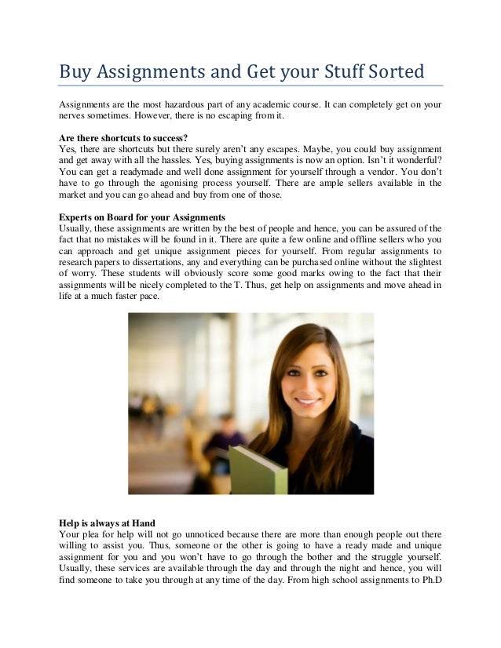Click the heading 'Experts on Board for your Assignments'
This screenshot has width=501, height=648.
(x=142, y=216)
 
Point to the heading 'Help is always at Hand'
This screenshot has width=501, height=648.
(x=108, y=522)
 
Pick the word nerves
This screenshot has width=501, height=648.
(x=75, y=117)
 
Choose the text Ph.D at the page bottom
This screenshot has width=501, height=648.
(x=428, y=583)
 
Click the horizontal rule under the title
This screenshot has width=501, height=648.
(x=251, y=84)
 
